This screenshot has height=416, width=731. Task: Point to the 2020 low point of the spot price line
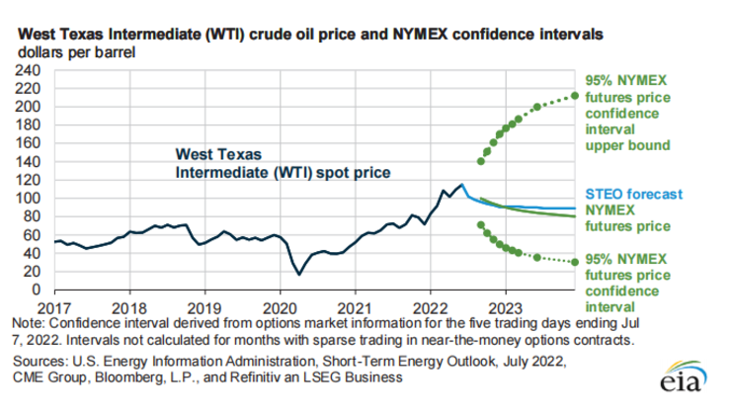point(295,274)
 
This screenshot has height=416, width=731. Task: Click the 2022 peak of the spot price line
point(461,185)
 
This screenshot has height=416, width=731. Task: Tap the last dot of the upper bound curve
point(575,96)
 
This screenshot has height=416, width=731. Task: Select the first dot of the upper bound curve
point(481,161)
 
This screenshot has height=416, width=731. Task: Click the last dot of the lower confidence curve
point(575,262)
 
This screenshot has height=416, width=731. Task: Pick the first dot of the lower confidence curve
point(481,225)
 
